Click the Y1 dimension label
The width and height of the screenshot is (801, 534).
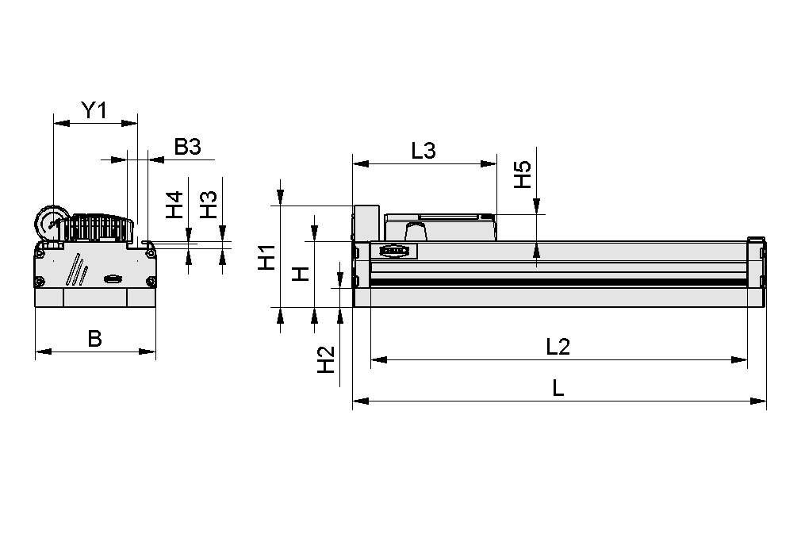pos(94,110)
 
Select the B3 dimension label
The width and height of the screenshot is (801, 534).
pos(188,147)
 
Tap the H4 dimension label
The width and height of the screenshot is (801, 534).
pos(174,206)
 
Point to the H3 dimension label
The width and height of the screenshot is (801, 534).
pos(208,206)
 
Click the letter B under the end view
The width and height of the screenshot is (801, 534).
pos(94,339)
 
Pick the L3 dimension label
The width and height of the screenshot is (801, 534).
pos(423,151)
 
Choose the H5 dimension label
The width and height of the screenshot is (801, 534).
pos(521,175)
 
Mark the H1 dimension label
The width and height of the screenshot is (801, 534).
pos(267,257)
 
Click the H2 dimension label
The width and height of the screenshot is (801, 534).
pos(326,360)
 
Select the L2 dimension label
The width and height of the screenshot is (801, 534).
pos(558,347)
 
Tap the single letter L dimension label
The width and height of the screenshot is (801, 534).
pos(558,388)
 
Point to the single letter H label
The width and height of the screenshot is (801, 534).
pos(300,275)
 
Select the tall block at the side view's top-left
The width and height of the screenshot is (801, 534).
pos(366,222)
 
